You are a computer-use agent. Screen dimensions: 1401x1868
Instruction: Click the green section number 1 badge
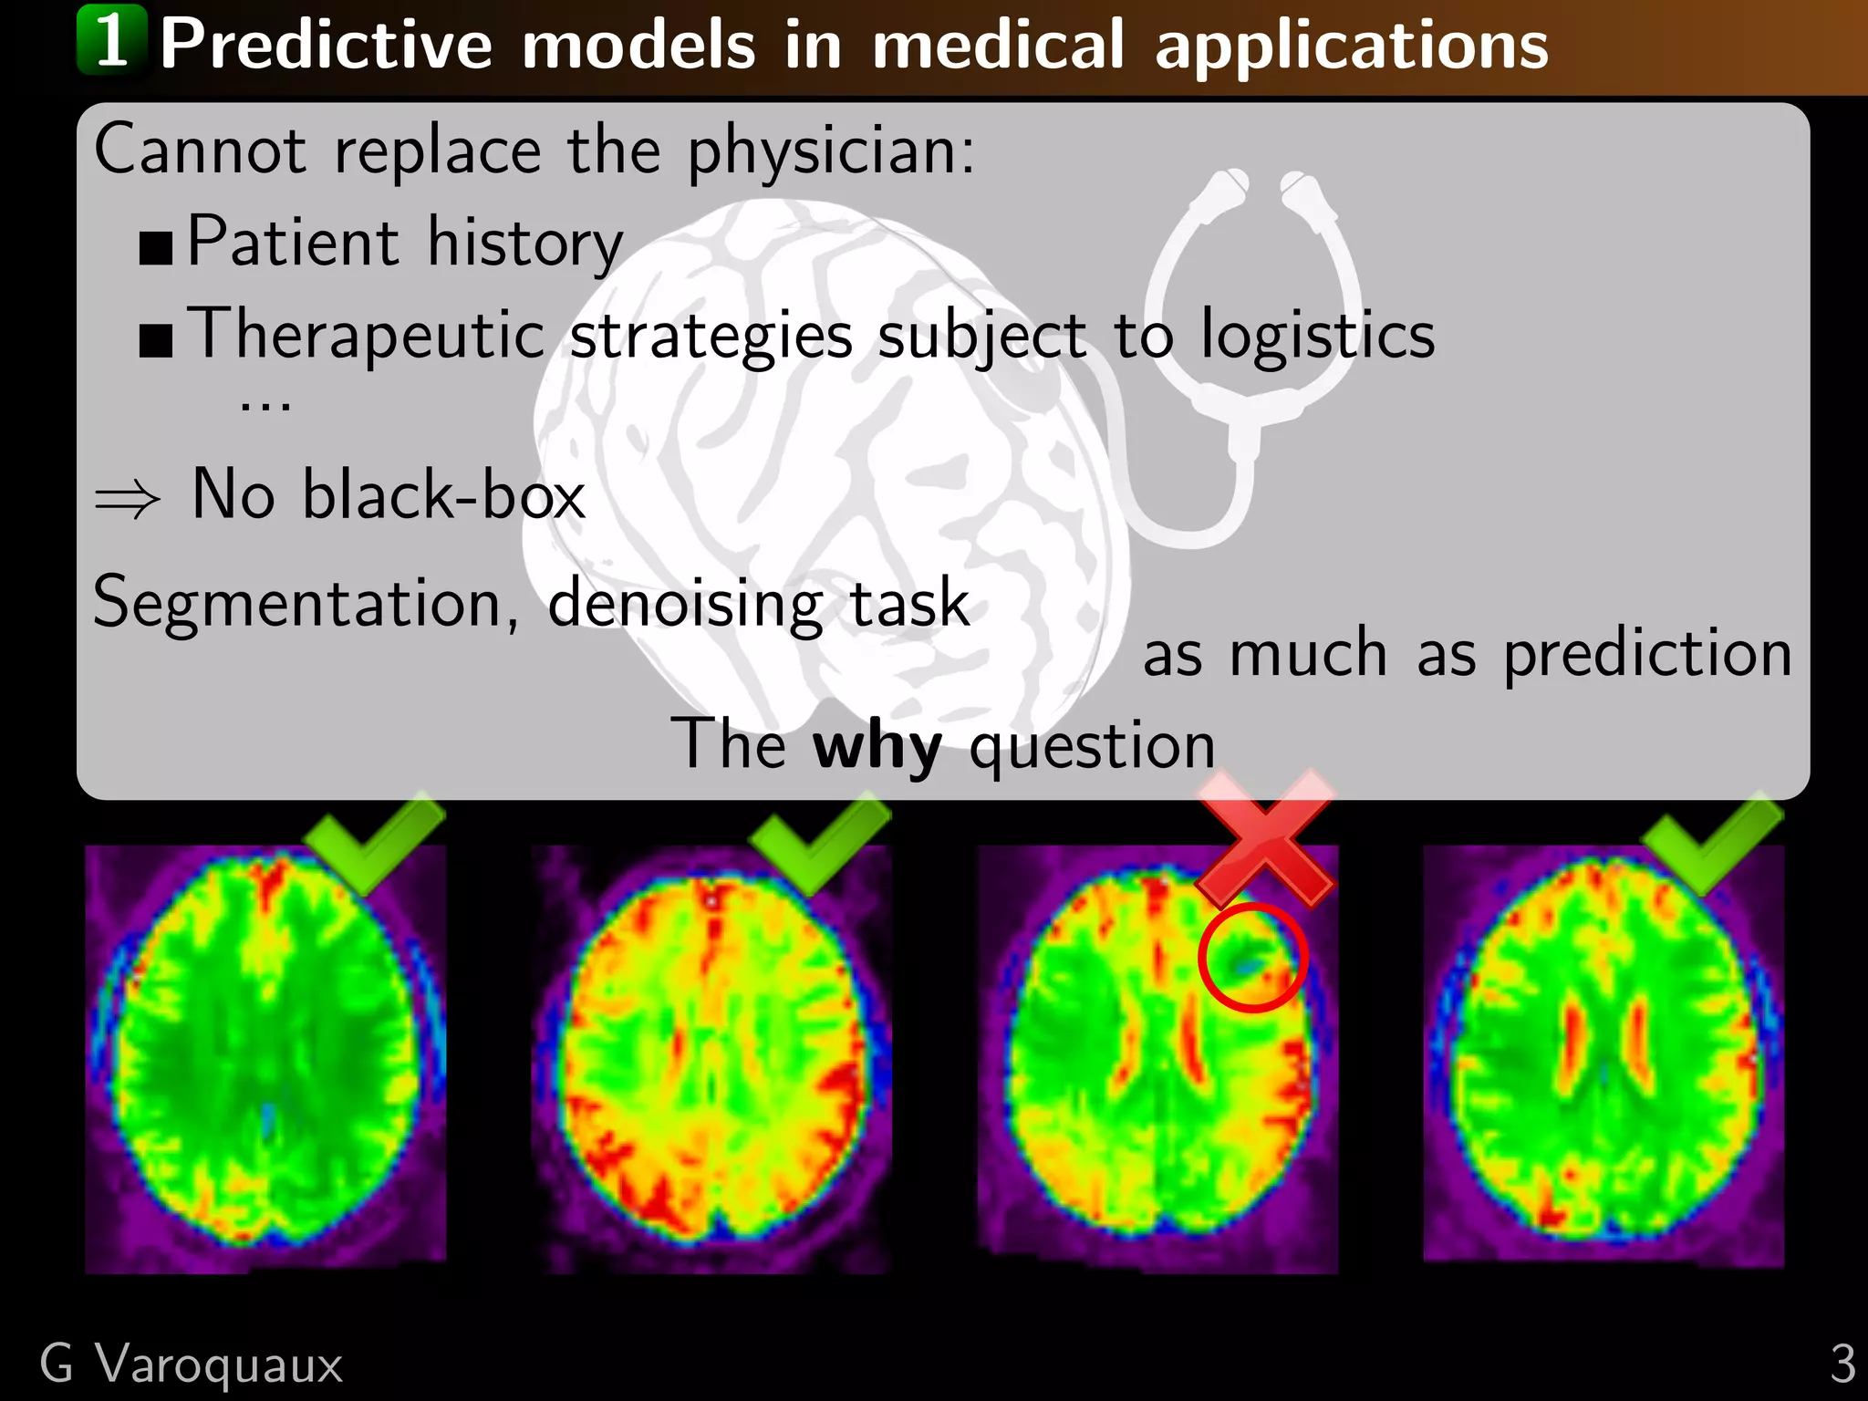pyautogui.click(x=111, y=40)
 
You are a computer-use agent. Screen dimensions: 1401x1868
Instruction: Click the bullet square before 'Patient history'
pyautogui.click(x=156, y=247)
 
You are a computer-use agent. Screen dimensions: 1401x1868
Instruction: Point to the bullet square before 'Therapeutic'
pyautogui.click(x=156, y=339)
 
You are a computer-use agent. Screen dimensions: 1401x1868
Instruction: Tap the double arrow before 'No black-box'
pyautogui.click(x=128, y=499)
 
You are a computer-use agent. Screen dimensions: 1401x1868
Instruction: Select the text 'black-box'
pyautogui.click(x=443, y=495)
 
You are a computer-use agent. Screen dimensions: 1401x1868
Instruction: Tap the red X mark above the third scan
pyautogui.click(x=1264, y=837)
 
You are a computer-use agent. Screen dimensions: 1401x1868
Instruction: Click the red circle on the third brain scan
pyautogui.click(x=1253, y=957)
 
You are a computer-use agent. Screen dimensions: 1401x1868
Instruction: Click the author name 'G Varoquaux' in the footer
pyautogui.click(x=192, y=1365)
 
